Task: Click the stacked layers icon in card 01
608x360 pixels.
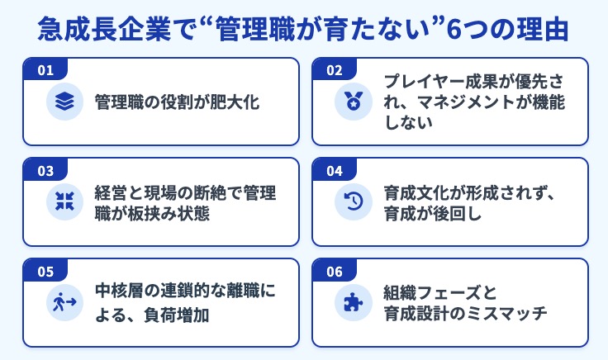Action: pyautogui.click(x=65, y=102)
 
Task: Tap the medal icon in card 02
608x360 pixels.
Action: pyautogui.click(x=354, y=102)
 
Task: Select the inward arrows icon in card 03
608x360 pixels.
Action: pyautogui.click(x=65, y=202)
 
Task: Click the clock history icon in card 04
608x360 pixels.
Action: pyautogui.click(x=354, y=202)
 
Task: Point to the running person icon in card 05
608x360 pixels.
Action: pyautogui.click(x=65, y=303)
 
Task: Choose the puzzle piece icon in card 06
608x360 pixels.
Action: pyautogui.click(x=354, y=303)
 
